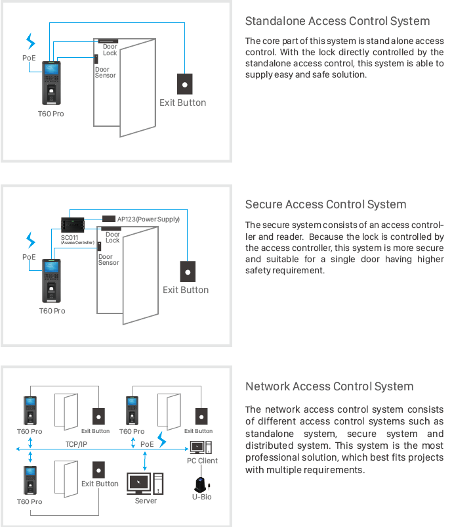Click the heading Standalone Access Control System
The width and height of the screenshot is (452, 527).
(x=337, y=22)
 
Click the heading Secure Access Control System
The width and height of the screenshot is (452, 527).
(x=325, y=204)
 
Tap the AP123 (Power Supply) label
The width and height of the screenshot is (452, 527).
(x=148, y=219)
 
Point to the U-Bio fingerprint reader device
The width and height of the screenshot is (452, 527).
(x=201, y=485)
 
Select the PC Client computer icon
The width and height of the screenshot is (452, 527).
(x=199, y=447)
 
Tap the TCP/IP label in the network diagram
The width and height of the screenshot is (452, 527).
(x=77, y=445)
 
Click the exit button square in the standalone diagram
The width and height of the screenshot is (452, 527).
(x=184, y=84)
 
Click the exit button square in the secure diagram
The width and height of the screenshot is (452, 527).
(x=188, y=271)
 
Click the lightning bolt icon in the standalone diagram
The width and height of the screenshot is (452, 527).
(x=30, y=42)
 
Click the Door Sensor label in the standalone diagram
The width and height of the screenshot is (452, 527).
(x=105, y=72)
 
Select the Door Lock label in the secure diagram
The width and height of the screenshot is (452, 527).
(x=113, y=237)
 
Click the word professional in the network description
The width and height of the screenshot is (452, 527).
(x=274, y=458)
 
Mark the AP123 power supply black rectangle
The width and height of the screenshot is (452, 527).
(x=108, y=218)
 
